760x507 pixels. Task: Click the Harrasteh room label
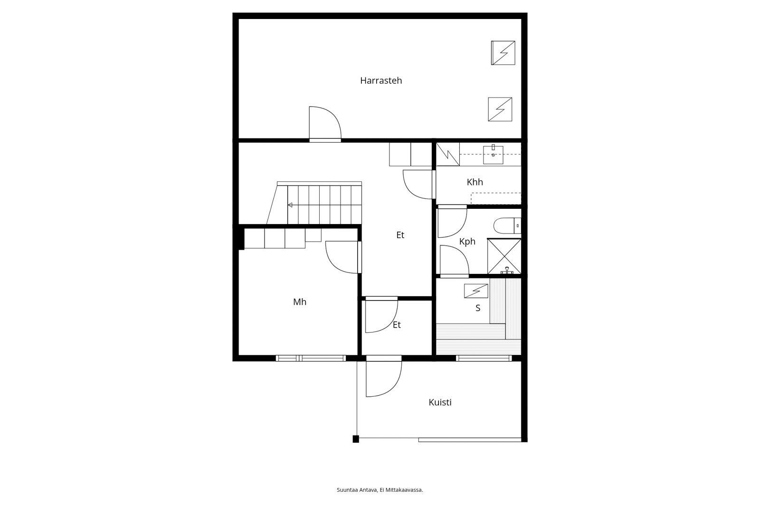(x=380, y=80)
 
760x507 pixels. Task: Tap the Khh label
(x=475, y=182)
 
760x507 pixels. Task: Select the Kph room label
(x=467, y=242)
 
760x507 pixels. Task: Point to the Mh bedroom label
(x=300, y=302)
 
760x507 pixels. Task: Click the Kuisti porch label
(x=440, y=402)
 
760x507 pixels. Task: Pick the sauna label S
(x=478, y=308)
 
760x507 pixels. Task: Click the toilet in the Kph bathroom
(x=507, y=225)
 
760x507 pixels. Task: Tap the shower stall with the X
(x=504, y=256)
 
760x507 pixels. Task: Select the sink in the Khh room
(x=493, y=155)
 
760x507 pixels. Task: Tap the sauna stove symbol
(x=476, y=291)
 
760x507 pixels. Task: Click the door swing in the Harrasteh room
(x=325, y=123)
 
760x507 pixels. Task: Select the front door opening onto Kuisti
(x=384, y=378)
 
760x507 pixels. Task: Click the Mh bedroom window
(x=311, y=358)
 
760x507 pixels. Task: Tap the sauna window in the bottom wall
(x=484, y=358)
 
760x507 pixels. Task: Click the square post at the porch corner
(x=356, y=439)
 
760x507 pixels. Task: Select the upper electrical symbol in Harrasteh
(x=503, y=53)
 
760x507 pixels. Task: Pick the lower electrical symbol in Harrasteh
(x=500, y=109)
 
